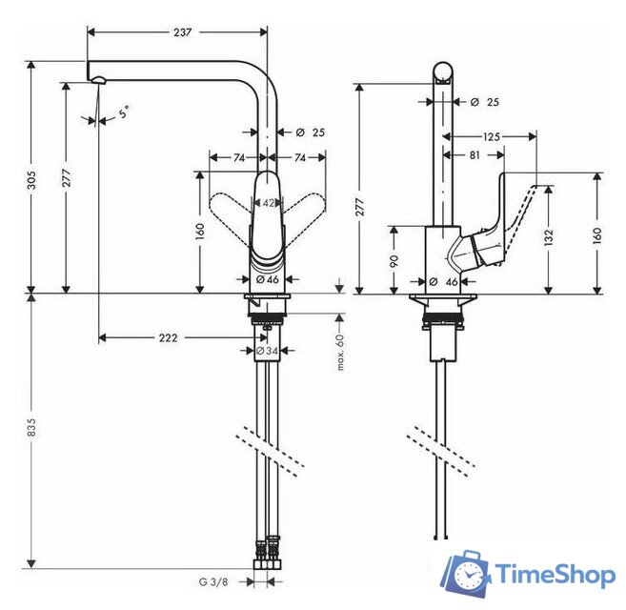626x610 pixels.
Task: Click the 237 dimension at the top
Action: (x=182, y=31)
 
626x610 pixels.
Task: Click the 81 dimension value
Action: (x=474, y=152)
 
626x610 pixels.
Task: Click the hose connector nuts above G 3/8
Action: (x=266, y=552)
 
